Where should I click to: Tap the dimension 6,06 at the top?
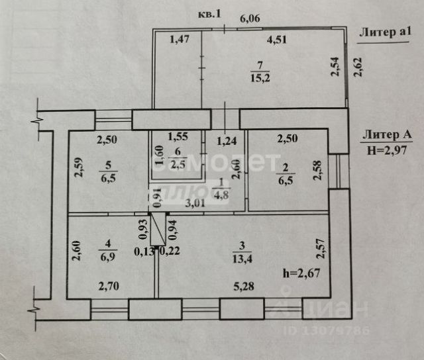click(249, 19)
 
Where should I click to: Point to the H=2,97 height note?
click(388, 149)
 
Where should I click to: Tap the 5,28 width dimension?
click(242, 288)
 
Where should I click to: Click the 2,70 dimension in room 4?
click(109, 288)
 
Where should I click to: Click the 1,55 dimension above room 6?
click(177, 138)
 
